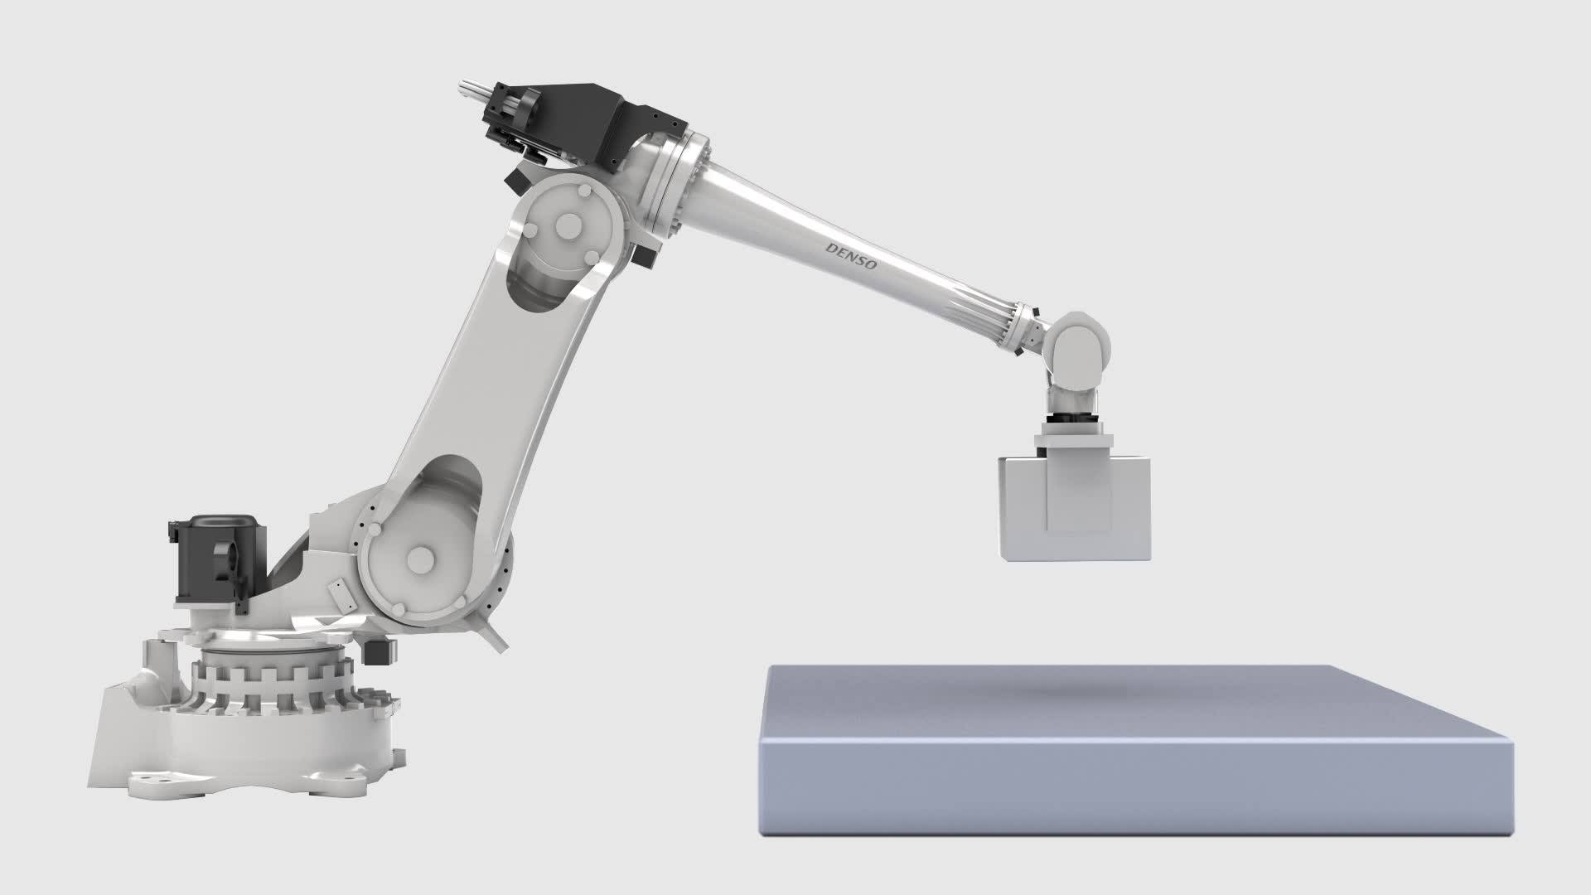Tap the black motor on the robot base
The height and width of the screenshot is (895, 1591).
[x=217, y=559]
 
